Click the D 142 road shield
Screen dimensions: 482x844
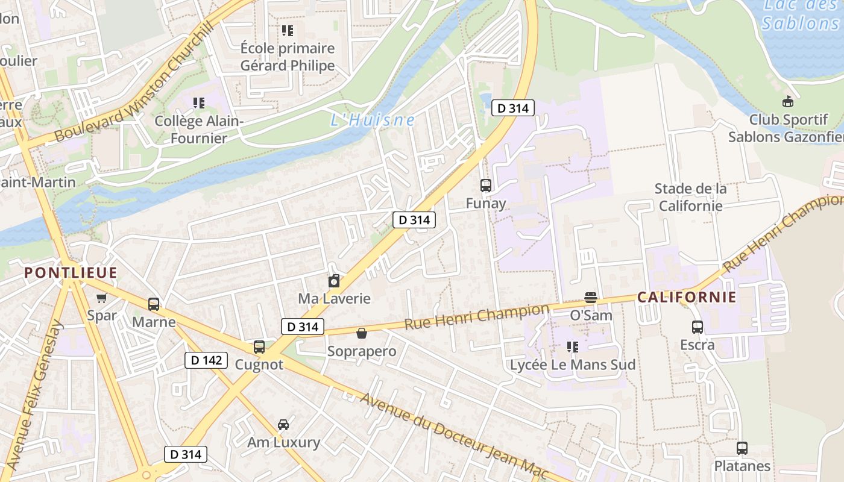coord(206,360)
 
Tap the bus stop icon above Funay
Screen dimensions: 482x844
coord(486,186)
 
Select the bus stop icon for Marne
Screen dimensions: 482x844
coord(154,304)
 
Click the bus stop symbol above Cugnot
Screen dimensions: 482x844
coord(259,347)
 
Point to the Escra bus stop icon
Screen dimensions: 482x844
coord(698,327)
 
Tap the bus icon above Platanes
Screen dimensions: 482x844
coord(742,448)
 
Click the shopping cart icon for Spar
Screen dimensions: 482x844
coord(102,298)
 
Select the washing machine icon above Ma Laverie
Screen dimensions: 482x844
coord(334,281)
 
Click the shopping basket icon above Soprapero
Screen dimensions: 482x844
coord(362,333)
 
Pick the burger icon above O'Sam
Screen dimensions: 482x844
coord(591,298)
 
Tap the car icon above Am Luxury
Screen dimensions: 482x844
coord(283,425)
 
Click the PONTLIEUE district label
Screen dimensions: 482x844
coord(71,273)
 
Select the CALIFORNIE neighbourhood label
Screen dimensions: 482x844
coord(687,297)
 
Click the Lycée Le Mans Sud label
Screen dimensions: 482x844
coord(572,365)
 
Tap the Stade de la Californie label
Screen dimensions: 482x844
coord(690,197)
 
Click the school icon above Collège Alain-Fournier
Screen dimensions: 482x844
coord(199,103)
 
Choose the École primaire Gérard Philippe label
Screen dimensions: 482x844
coord(288,57)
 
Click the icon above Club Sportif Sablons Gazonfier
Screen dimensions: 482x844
coord(787,101)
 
